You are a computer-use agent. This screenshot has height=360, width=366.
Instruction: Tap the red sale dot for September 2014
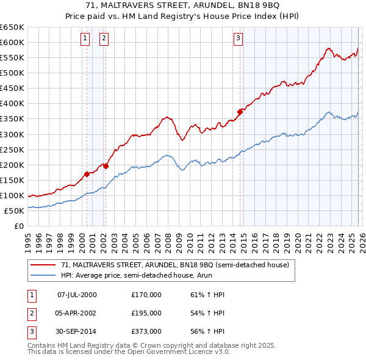pos(240,112)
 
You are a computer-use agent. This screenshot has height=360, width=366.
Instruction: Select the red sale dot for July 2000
pos(87,174)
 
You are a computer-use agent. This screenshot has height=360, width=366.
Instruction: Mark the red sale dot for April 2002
pos(106,166)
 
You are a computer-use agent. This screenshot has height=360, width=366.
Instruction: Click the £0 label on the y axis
pos(18,226)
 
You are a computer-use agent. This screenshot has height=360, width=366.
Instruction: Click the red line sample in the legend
pos(43,265)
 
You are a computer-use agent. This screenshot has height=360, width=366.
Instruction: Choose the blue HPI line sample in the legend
pos(43,276)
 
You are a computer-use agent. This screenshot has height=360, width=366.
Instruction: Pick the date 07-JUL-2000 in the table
pos(77,295)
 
